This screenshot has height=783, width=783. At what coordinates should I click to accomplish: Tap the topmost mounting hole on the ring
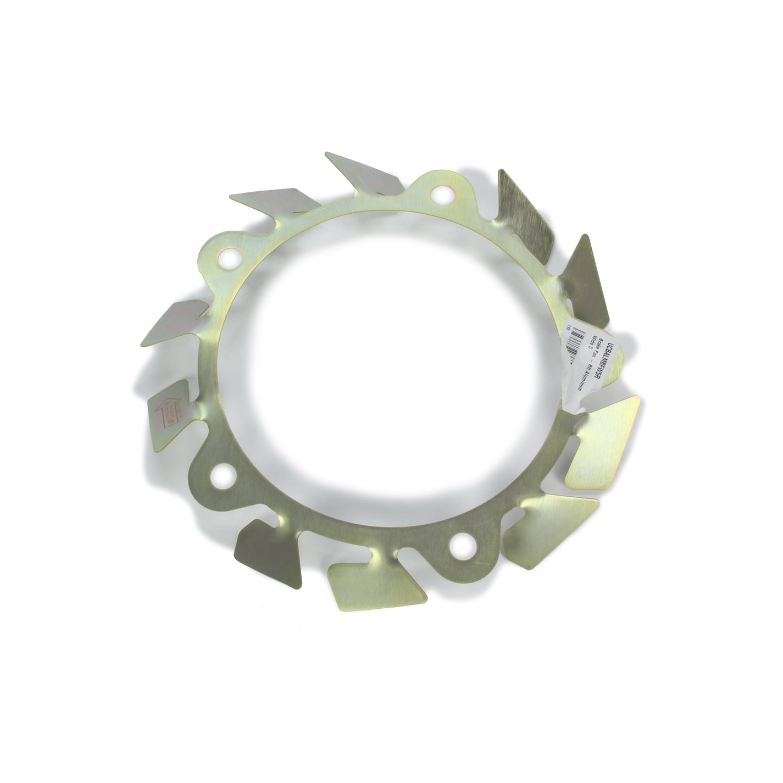coord(440,193)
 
